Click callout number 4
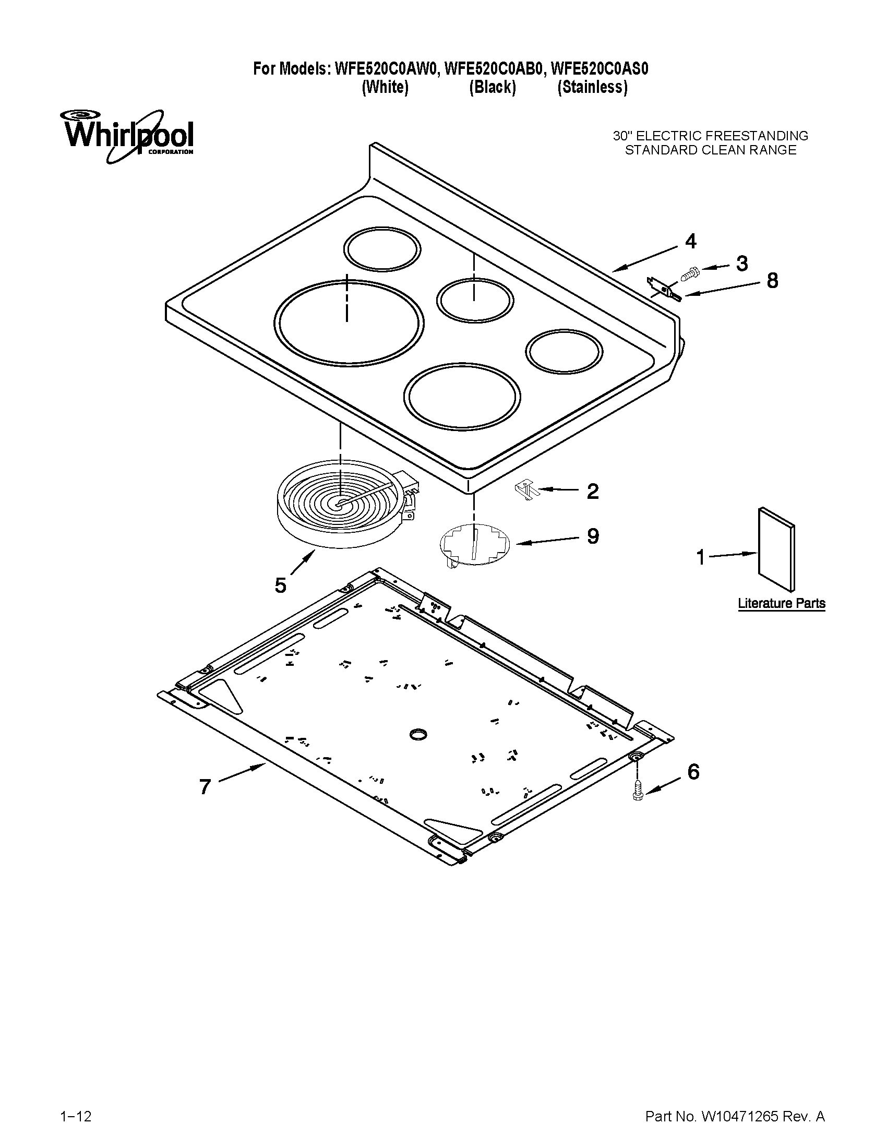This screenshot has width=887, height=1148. [690, 241]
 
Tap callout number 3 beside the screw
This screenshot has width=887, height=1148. [741, 264]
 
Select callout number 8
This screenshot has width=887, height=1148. [772, 281]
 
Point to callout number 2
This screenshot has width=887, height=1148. [592, 492]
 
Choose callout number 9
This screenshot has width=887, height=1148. [593, 536]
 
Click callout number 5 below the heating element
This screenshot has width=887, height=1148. [281, 584]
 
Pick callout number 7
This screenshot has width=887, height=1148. [205, 786]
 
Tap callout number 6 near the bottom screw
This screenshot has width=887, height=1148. [693, 772]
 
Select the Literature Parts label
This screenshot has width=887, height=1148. [782, 603]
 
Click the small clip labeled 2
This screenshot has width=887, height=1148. [525, 491]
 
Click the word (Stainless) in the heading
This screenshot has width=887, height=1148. [592, 87]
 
